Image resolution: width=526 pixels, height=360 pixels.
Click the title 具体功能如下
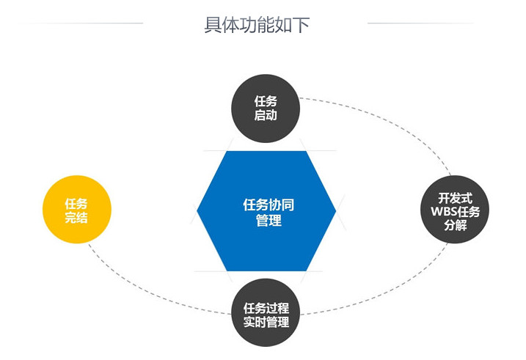click(x=257, y=24)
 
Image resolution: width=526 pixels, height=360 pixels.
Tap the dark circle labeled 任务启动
click(x=266, y=109)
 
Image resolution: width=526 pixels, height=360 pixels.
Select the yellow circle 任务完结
click(x=77, y=210)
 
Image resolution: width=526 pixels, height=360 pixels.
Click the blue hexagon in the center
click(x=266, y=211)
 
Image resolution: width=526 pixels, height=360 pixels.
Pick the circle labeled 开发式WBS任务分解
click(x=455, y=210)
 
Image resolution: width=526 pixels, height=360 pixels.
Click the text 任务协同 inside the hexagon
click(x=269, y=205)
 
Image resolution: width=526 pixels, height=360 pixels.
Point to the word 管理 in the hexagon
click(x=269, y=221)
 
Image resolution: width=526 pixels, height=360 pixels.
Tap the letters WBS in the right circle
click(x=442, y=212)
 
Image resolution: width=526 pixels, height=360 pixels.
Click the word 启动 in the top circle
click(x=266, y=115)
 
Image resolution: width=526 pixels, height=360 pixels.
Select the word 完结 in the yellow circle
click(x=76, y=218)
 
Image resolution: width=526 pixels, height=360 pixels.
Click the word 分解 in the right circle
click(x=456, y=225)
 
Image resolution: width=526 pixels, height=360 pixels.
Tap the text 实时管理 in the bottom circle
click(x=266, y=322)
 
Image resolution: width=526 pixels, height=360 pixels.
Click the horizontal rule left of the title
click(x=81, y=23)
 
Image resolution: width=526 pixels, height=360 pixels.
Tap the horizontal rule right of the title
click(x=420, y=23)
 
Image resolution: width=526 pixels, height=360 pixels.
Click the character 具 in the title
click(x=213, y=25)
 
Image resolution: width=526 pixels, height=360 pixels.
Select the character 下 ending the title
click(x=301, y=25)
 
